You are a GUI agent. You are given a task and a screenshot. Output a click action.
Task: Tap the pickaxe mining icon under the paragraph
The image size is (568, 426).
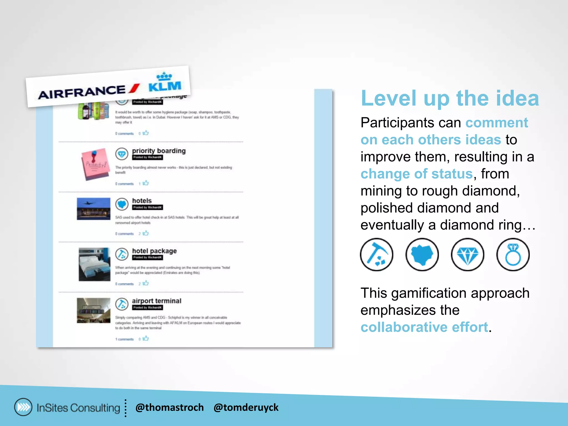coord(377,255)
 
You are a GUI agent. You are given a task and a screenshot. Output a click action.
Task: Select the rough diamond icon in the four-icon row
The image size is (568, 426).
coord(422,255)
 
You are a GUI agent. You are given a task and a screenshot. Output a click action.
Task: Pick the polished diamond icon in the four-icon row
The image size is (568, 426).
coord(468,255)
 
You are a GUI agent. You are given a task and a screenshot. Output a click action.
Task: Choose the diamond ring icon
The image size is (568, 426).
coord(513,255)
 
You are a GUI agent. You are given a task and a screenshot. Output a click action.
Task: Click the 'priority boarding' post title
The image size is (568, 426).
coord(159,151)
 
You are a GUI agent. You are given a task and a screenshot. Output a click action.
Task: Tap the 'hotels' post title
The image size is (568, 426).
coord(142,201)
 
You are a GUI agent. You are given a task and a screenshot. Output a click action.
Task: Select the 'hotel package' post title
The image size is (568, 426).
coord(154,251)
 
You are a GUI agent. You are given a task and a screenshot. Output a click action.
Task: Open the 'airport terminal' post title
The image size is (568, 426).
coord(156,301)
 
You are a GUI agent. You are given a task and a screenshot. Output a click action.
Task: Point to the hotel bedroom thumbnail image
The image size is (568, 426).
coord(94,264)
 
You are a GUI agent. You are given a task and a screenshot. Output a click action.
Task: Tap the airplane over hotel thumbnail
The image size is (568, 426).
coord(93,209)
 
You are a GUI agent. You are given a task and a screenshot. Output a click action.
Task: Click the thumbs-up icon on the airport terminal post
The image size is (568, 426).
coord(146,338)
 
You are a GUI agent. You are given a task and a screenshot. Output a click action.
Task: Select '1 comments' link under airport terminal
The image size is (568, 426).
coord(124,339)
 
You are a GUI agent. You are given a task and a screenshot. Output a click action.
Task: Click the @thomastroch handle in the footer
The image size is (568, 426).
coord(169,407)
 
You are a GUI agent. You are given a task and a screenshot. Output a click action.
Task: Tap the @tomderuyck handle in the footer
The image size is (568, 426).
coord(246,407)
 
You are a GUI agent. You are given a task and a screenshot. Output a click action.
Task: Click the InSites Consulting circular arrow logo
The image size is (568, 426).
coord(23,407)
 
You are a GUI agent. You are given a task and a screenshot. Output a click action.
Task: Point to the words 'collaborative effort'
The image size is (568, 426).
coord(424,327)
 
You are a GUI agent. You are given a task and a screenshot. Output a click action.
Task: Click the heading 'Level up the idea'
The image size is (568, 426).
coord(450,98)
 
